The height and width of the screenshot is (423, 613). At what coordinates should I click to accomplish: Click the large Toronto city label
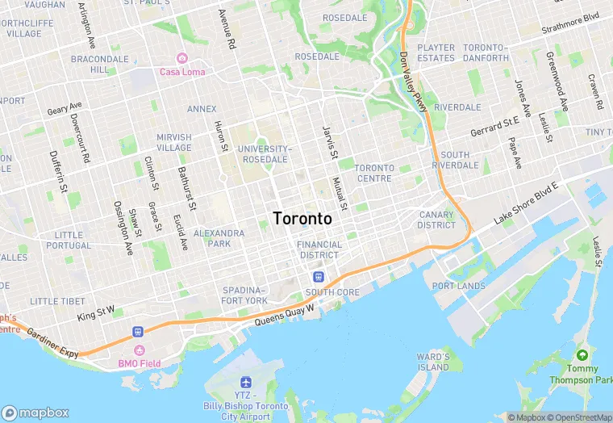[302, 219]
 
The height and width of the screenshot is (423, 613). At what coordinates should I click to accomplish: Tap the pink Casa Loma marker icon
[182, 59]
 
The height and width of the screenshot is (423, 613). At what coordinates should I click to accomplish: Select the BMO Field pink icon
[139, 350]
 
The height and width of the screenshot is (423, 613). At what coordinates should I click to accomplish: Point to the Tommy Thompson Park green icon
[582, 354]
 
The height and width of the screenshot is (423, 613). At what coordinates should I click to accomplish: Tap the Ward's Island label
[433, 362]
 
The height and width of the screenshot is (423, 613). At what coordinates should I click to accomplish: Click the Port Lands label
[459, 286]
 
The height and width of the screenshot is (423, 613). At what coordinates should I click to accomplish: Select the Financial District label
[319, 249]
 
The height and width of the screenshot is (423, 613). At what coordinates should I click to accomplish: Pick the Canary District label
[437, 220]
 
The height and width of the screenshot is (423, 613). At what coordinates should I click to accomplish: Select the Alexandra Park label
[219, 238]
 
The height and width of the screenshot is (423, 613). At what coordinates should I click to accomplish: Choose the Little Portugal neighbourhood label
[69, 240]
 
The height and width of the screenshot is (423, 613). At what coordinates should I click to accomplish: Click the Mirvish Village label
[174, 142]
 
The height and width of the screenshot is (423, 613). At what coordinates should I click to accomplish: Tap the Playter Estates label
[436, 52]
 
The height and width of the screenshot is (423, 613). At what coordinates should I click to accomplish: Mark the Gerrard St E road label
[494, 126]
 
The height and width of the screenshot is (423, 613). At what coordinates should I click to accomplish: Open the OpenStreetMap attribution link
[579, 417]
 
